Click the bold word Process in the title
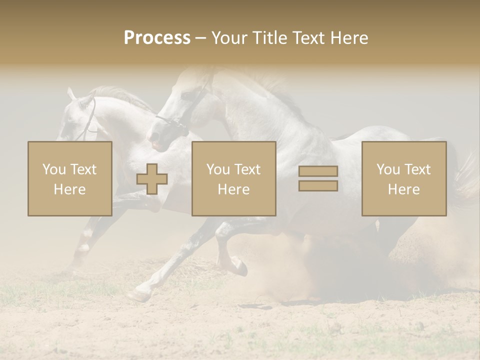tap(157, 37)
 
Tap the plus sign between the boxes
tap(151, 179)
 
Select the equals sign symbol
tap(318, 178)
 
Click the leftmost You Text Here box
tap(69, 178)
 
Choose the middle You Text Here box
tap(233, 178)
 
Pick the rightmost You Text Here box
tap(403, 178)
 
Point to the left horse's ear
tap(71, 93)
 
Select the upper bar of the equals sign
tap(318, 171)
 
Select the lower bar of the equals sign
tap(318, 186)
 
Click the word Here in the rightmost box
tap(403, 189)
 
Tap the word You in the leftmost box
tap(54, 169)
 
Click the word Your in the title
tap(230, 37)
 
